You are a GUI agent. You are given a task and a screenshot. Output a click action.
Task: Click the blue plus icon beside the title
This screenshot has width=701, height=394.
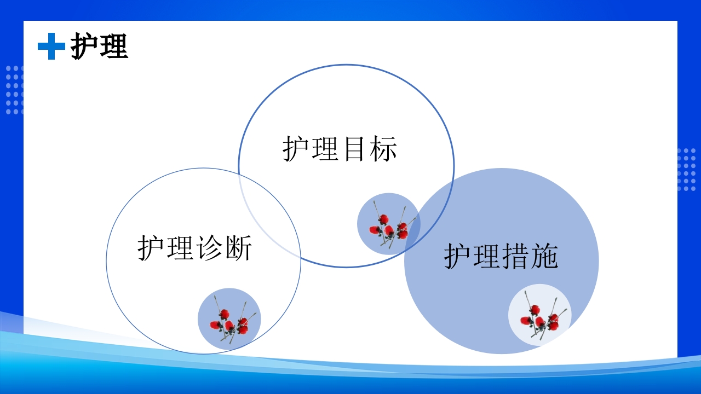coord(51,46)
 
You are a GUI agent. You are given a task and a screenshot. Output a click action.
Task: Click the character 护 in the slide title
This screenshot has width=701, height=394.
coord(85,46)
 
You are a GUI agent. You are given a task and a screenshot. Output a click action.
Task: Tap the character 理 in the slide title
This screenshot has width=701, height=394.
coord(114,46)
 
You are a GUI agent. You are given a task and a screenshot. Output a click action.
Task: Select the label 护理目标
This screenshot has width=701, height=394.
coord(340,149)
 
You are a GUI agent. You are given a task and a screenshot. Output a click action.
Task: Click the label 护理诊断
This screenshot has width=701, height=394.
coord(194,248)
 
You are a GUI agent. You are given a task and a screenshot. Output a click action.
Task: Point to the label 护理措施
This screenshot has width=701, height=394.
coord(501,256)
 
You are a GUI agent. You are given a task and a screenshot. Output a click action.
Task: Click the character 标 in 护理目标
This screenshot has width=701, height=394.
coord(383,149)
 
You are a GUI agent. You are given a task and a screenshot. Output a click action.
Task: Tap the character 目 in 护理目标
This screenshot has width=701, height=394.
coord(354,149)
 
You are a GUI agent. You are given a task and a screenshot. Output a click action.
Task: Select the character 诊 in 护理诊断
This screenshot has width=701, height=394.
coord(209,248)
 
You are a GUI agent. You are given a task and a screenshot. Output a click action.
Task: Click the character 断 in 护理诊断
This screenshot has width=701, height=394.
coord(238,248)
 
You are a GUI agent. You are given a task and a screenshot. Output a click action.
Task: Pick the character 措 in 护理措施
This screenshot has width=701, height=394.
coord(515,256)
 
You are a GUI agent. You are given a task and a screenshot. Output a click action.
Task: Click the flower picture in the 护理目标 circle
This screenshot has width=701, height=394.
coord(389,224)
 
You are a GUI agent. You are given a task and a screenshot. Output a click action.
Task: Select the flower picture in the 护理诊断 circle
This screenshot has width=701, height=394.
coord(229,320)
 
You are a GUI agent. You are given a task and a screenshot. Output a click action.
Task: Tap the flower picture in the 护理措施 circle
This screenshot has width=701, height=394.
coord(540,315)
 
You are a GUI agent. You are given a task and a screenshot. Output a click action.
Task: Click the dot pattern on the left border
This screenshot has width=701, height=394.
coord(15,90)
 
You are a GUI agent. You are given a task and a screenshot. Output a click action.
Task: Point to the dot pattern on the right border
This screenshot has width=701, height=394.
coord(686,170)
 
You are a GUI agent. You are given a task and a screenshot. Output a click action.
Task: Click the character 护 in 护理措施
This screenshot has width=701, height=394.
coord(458,256)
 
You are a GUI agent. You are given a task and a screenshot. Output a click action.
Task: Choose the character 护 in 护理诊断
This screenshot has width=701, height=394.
coord(152,248)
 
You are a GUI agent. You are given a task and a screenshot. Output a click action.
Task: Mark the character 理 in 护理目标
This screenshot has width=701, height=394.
coord(325,149)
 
